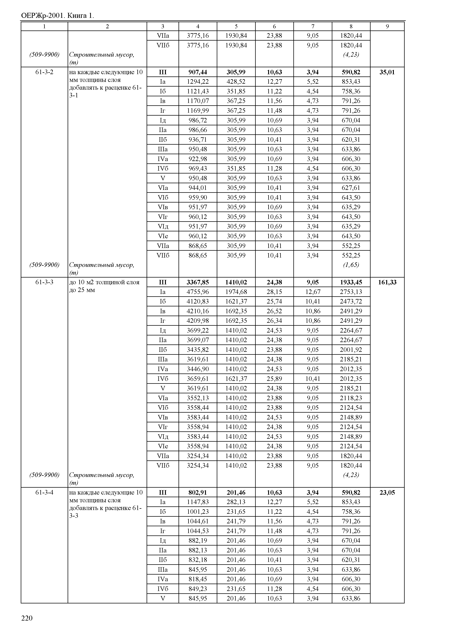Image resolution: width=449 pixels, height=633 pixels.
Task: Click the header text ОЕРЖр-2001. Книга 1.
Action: [x=58, y=16]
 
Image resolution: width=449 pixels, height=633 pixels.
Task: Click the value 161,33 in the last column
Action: [x=387, y=282]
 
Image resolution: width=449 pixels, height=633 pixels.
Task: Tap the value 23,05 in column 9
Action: [x=387, y=493]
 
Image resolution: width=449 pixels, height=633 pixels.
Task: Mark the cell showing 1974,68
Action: [x=236, y=292]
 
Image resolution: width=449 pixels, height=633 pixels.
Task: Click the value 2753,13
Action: [x=351, y=292]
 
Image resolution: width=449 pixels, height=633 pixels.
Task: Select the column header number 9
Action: [x=387, y=26]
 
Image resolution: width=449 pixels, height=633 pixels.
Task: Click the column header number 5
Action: [x=236, y=26]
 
